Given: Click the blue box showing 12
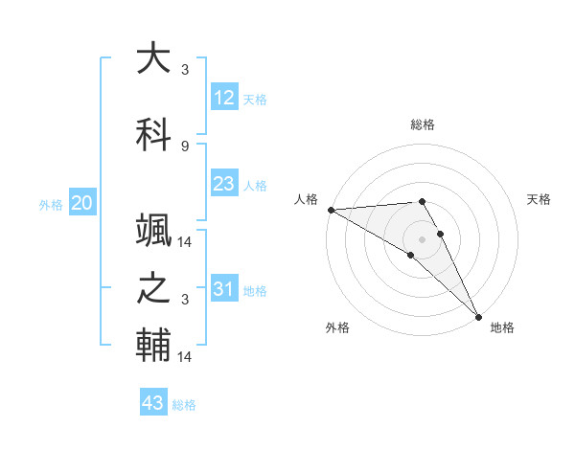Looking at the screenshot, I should click(x=223, y=98).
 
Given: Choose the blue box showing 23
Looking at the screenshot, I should click(x=223, y=184).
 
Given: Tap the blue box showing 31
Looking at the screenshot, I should click(x=223, y=289).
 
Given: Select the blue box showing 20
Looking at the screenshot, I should click(x=82, y=203).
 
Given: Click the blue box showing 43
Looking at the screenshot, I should click(x=153, y=403).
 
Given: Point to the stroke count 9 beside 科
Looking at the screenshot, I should click(x=184, y=146).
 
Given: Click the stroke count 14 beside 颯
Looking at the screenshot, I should click(x=185, y=242).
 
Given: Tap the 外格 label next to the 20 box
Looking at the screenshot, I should click(x=51, y=204).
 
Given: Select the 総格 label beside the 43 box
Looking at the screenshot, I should click(x=184, y=405).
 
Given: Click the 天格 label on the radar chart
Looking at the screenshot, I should click(x=539, y=199).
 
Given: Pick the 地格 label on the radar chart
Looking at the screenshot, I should click(x=502, y=327).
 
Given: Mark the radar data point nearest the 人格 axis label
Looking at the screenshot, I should click(x=331, y=210).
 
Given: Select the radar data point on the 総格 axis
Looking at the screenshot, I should click(x=422, y=201).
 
